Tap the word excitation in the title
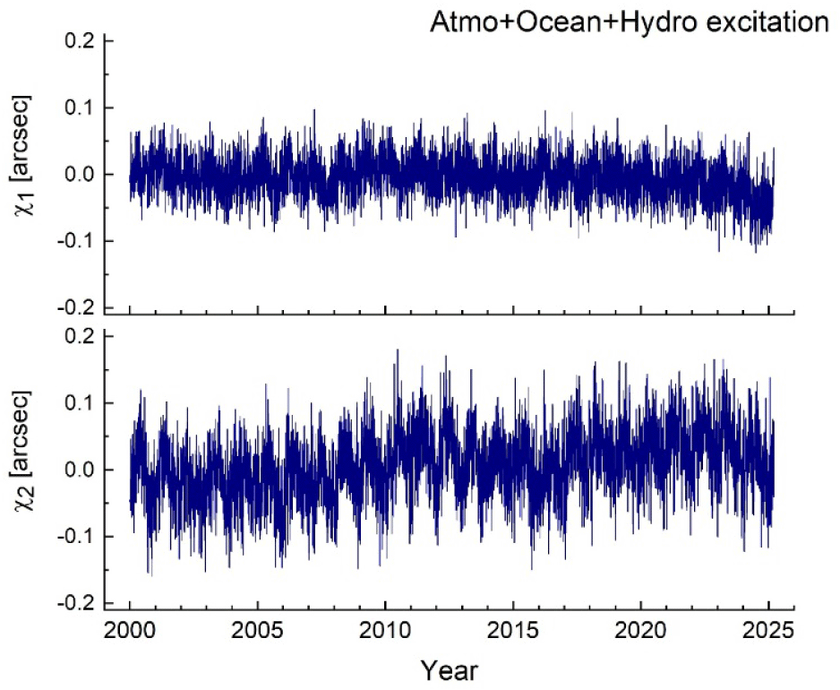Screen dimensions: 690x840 769,22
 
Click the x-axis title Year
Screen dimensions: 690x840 450,669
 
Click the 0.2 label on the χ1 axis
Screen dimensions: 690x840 82,41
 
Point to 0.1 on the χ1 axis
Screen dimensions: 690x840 82,108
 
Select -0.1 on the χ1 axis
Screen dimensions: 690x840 79,242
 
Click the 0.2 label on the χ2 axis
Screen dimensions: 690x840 82,336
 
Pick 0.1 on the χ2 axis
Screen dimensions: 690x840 82,403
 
